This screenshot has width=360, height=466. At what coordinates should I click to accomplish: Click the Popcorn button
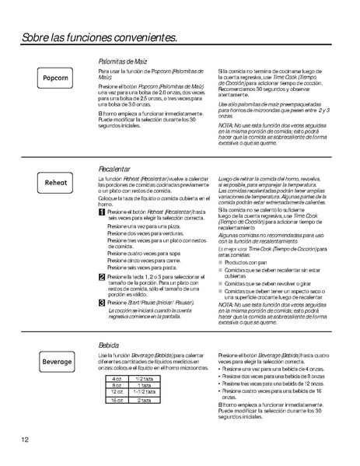click(x=56, y=79)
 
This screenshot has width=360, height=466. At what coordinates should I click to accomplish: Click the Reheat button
click(x=56, y=183)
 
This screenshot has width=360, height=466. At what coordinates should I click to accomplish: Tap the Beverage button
click(x=56, y=361)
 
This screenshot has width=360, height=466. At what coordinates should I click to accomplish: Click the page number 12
click(x=26, y=440)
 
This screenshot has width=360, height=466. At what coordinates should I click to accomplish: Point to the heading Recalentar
click(x=114, y=169)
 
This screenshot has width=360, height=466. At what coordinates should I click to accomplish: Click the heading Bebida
click(x=108, y=344)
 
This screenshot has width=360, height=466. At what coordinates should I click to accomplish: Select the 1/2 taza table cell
click(x=143, y=377)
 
